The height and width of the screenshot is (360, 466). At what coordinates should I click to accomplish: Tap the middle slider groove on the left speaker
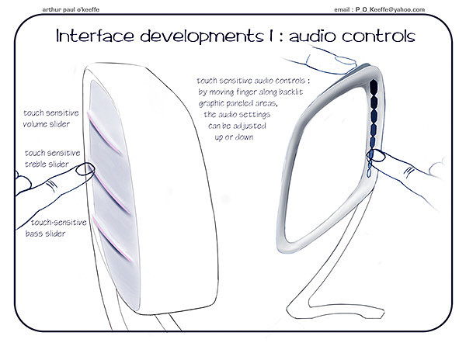point(111,187)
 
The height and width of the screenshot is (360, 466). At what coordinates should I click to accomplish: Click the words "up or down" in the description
point(233,137)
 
